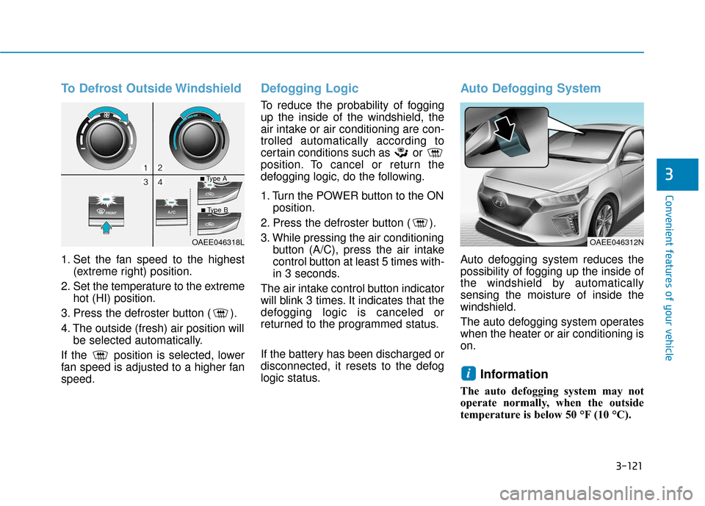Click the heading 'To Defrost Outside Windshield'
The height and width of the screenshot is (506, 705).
pyautogui.click(x=151, y=89)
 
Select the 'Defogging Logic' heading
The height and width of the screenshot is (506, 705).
pyautogui.click(x=310, y=89)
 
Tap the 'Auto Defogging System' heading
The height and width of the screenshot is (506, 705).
pyautogui.click(x=530, y=89)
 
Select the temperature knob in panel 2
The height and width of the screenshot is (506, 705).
pyautogui.click(x=200, y=140)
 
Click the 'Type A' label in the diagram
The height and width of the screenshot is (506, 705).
pyautogui.click(x=214, y=178)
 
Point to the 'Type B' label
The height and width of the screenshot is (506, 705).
pyautogui.click(x=214, y=210)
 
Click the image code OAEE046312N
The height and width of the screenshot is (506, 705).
pyautogui.click(x=616, y=241)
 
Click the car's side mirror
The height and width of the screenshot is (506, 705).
pyautogui.click(x=629, y=157)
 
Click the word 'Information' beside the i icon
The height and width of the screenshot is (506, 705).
pyautogui.click(x=514, y=375)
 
